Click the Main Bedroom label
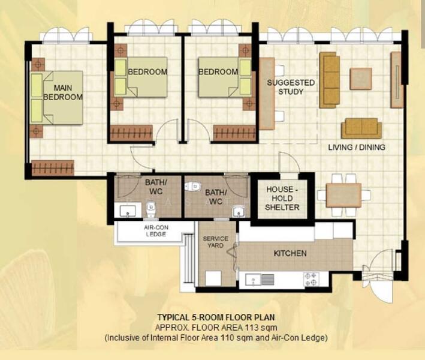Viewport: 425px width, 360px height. (x=63, y=92)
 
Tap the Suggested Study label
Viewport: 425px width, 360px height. (x=291, y=87)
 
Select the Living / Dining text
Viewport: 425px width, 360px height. (x=357, y=148)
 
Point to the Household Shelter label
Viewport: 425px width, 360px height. (x=282, y=199)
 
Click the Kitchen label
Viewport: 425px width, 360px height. (x=290, y=253)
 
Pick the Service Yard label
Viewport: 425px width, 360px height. (x=215, y=242)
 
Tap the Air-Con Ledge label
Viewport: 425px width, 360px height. (x=156, y=231)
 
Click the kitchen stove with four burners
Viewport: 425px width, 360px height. (x=311, y=279)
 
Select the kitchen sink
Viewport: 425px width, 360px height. (x=260, y=279)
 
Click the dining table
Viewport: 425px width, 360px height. (x=343, y=196)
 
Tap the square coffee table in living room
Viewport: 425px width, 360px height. (x=361, y=79)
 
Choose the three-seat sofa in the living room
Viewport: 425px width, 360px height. (x=330, y=80)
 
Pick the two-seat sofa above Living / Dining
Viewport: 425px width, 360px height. (x=361, y=128)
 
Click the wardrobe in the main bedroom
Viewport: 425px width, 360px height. (x=53, y=167)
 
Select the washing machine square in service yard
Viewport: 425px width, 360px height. (x=213, y=278)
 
